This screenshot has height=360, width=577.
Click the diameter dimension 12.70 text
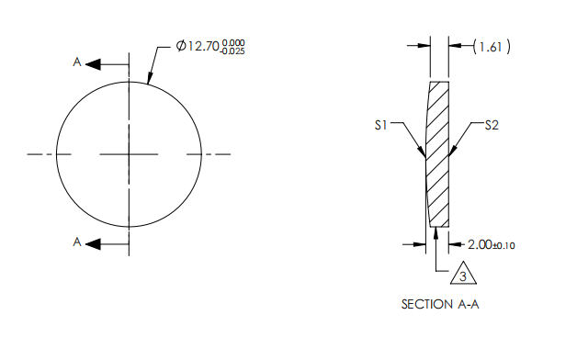(x=202, y=46)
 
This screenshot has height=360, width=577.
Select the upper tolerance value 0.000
(x=233, y=41)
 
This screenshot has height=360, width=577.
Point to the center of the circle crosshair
(x=130, y=154)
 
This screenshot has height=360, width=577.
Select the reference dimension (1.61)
(x=492, y=46)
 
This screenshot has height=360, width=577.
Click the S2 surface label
(x=492, y=126)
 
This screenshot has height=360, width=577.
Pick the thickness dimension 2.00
(x=481, y=244)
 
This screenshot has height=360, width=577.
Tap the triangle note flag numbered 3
(x=465, y=274)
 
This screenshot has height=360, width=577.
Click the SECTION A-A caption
(x=440, y=304)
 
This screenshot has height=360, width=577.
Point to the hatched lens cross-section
(x=438, y=156)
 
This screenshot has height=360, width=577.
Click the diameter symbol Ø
(x=180, y=46)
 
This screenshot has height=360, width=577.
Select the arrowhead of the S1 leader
(x=424, y=156)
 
